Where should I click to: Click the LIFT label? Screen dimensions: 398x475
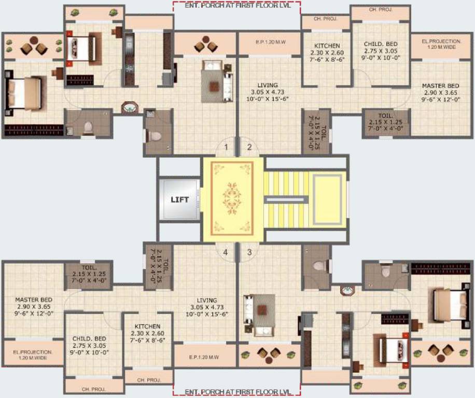click(x=179, y=200)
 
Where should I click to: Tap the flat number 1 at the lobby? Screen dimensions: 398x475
click(x=226, y=147)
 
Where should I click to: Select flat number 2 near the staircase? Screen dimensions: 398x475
click(x=249, y=147)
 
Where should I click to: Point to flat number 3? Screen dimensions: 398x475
click(x=249, y=252)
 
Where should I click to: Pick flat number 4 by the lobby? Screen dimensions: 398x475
click(x=226, y=252)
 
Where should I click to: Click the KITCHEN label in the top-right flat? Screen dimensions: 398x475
click(x=327, y=46)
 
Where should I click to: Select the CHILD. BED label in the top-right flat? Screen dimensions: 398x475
click(x=381, y=44)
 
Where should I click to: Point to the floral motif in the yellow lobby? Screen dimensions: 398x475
click(x=232, y=197)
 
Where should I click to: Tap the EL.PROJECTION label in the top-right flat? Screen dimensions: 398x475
click(x=441, y=41)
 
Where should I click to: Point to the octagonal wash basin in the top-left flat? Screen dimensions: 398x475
click(x=129, y=108)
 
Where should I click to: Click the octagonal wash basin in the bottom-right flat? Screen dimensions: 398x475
click(x=346, y=290)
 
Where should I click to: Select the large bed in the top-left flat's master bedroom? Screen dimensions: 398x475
click(x=23, y=94)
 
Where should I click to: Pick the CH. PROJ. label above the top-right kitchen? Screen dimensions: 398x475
click(x=325, y=19)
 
